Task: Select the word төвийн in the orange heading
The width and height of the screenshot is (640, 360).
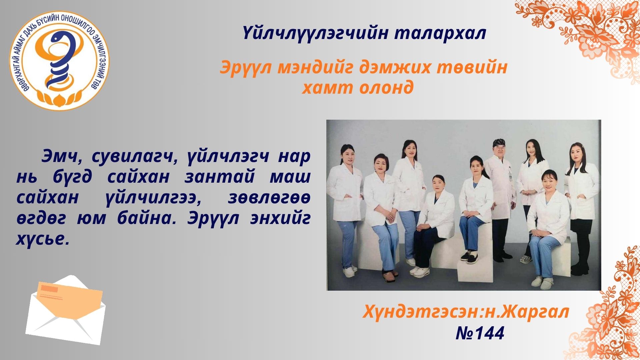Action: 473,67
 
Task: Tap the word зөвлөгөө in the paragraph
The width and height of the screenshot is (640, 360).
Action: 269,198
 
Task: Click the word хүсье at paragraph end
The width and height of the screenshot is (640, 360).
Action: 43,239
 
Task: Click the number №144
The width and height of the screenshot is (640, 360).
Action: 480,333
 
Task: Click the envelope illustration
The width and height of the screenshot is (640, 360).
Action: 66,310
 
